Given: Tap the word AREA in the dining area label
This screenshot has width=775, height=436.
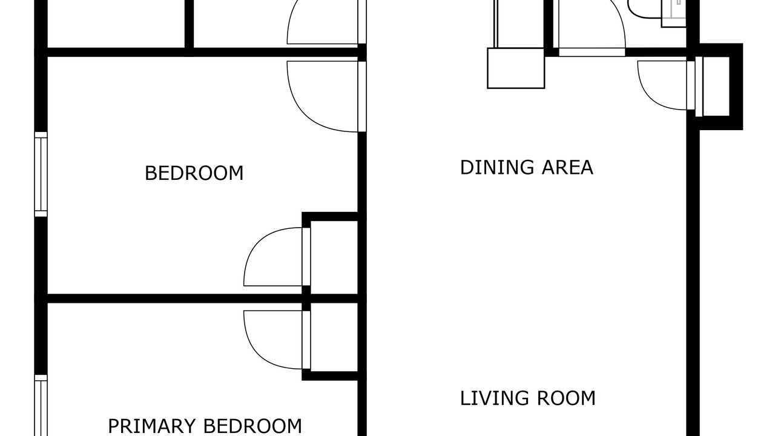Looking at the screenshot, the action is (x=567, y=168).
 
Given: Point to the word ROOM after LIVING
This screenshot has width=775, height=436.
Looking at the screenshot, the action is (x=566, y=398).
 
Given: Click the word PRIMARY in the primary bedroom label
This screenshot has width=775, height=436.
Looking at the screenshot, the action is (x=151, y=426).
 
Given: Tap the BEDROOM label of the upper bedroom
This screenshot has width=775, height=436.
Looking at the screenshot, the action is (x=194, y=173).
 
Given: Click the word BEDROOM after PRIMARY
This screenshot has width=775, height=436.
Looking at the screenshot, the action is (x=252, y=426).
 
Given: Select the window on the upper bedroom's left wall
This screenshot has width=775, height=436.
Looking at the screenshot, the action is (x=41, y=174).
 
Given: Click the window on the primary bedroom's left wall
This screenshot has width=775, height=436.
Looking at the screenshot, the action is (x=41, y=405).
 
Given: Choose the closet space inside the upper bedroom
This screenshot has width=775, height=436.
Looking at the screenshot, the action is (x=334, y=257).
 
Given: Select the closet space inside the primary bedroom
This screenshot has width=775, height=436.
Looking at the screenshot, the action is (x=334, y=337).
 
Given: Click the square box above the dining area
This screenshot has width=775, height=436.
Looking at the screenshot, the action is (x=516, y=68).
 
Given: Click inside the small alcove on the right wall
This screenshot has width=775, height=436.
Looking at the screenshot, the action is (x=716, y=87).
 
